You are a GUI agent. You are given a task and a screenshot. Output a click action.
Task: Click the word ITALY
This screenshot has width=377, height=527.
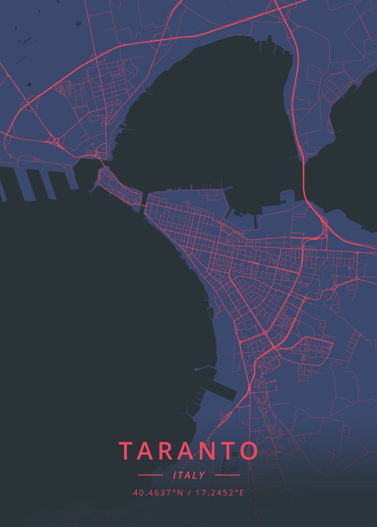point(189,475)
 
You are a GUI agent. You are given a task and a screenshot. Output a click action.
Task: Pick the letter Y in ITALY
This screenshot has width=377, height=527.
point(202,475)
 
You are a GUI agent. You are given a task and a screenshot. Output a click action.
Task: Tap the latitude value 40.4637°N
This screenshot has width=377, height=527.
point(158,492)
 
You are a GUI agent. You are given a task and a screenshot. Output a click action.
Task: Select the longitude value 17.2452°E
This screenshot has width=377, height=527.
point(219,492)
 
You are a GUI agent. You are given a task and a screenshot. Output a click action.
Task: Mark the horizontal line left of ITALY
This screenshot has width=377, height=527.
point(150,475)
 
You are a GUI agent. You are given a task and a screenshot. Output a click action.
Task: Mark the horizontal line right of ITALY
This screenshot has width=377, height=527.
point(227,475)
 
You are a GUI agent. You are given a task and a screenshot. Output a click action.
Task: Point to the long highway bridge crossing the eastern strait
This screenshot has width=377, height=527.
point(304,180)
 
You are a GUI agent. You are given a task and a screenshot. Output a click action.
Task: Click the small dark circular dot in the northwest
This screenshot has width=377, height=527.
point(29,84)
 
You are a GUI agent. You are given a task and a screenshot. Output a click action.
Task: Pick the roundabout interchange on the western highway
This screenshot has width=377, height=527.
point(56,141)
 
